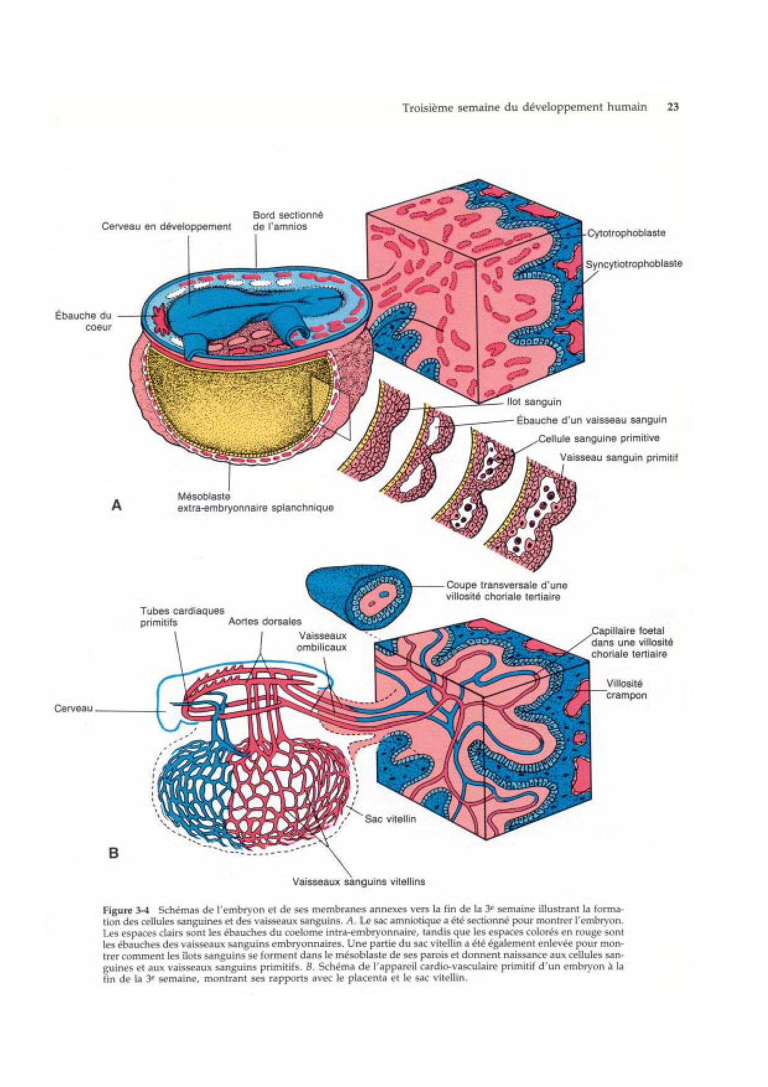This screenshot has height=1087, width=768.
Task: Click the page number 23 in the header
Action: tap(673, 107)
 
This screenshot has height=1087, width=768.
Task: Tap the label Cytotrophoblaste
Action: tap(626, 233)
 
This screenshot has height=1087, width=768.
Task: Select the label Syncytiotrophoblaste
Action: tap(634, 264)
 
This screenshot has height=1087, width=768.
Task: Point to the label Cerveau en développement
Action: tap(166, 227)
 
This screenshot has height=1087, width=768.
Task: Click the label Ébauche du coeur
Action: tap(83, 321)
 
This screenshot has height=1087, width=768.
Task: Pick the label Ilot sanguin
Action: tap(534, 401)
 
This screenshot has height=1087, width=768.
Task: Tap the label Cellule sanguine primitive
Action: tap(598, 439)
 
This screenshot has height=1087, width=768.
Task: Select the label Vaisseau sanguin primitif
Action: tap(618, 458)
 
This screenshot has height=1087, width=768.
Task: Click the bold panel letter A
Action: tap(116, 505)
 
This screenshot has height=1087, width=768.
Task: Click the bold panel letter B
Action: tap(113, 853)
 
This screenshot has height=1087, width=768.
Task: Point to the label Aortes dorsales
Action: tap(264, 621)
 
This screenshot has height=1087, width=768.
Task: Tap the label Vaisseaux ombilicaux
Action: tap(321, 641)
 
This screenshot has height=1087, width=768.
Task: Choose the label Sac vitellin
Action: tap(390, 819)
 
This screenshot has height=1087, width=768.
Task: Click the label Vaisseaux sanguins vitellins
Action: tap(359, 881)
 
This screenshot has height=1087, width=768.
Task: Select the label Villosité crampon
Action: tap(626, 689)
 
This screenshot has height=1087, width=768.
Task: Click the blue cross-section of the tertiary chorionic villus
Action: tap(360, 595)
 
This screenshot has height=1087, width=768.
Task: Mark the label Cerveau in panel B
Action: tap(73, 709)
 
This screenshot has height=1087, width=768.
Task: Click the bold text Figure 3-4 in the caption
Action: tap(126, 910)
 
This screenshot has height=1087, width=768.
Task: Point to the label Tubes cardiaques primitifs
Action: tap(182, 616)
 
